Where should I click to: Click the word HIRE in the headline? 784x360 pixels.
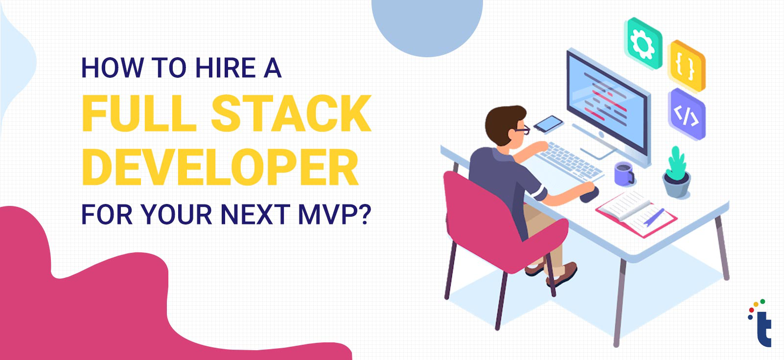[226, 67]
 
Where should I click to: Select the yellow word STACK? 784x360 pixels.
[291, 113]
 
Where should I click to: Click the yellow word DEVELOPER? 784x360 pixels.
[220, 167]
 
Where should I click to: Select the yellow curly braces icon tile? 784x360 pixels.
[686, 66]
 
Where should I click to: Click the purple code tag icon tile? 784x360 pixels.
[686, 114]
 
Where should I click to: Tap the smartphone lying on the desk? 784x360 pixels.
[548, 124]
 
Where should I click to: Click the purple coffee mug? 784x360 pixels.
[624, 174]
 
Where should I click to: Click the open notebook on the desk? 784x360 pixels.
[636, 213]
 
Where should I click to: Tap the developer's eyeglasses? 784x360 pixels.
[522, 130]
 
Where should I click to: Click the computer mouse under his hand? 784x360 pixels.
[589, 195]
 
